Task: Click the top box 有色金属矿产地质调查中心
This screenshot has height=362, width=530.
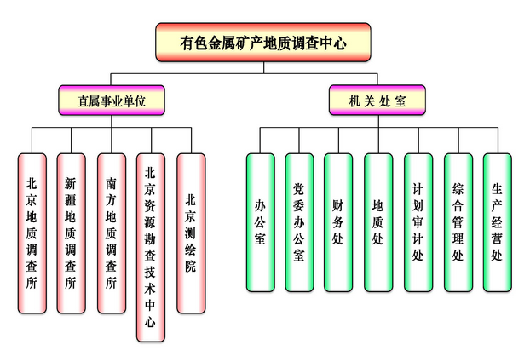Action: coord(263,42)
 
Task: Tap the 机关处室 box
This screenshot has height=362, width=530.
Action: coord(377,101)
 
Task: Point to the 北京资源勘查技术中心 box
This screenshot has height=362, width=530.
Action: coord(151,247)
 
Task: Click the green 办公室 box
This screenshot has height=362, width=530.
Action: coord(260,221)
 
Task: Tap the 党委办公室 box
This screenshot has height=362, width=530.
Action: coord(299,221)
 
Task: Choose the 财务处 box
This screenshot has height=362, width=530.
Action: coord(338,221)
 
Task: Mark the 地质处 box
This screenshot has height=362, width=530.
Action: coord(378,221)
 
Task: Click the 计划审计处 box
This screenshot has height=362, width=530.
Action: coord(418,221)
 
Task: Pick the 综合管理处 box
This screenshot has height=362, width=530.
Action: coord(458,221)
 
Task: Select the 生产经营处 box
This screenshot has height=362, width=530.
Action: coord(497,221)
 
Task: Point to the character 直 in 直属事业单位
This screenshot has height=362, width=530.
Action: coord(83,101)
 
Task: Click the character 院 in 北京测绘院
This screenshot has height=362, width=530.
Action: coord(191,267)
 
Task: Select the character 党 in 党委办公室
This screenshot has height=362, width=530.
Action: coord(299,187)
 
